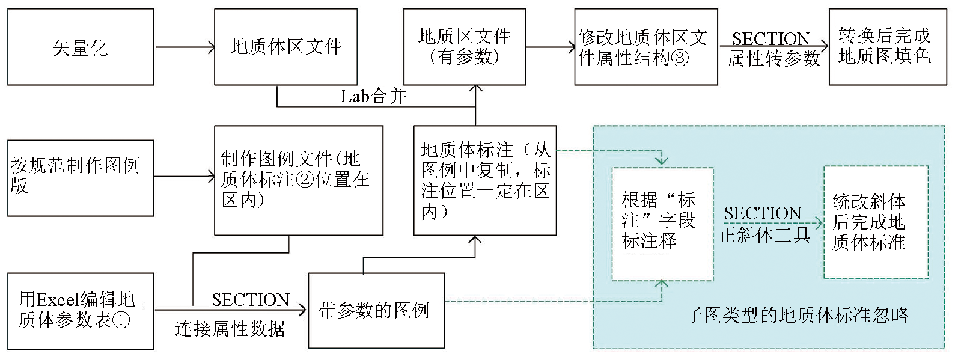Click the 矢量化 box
pyautogui.click(x=81, y=47)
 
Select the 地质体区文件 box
pyautogui.click(x=285, y=47)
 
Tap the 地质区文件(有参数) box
pyautogui.click(x=464, y=47)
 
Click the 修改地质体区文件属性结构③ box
pyautogui.click(x=645, y=47)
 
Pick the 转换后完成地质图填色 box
pyautogui.click(x=883, y=47)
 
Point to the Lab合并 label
pyautogui.click(x=373, y=96)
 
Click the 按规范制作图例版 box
pyautogui.click(x=81, y=178)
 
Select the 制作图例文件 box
pyautogui.click(x=299, y=180)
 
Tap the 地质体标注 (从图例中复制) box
pyautogui.click(x=484, y=180)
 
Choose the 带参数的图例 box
pyautogui.click(x=376, y=311)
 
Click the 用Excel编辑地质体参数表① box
pyautogui.click(x=81, y=311)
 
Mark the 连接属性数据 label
pyautogui.click(x=230, y=329)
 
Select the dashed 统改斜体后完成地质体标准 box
pyautogui.click(x=876, y=222)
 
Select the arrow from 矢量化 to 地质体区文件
pyautogui.click(x=184, y=47)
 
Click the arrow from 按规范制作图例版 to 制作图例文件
pyautogui.click(x=184, y=177)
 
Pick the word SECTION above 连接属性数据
pyautogui.click(x=250, y=299)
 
